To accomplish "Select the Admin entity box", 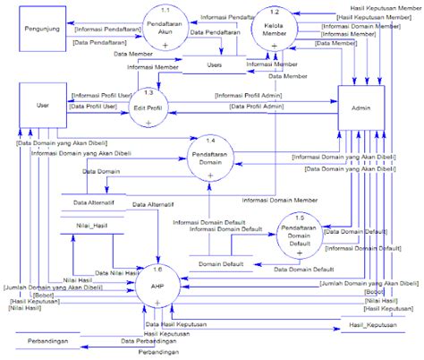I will pos(360,107).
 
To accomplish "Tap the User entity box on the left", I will pos(42,106).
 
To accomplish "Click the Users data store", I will pos(214,65).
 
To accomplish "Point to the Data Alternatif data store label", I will pos(92,202).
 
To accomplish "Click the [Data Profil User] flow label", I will pos(94,107).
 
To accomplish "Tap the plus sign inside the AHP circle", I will pos(157,303).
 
